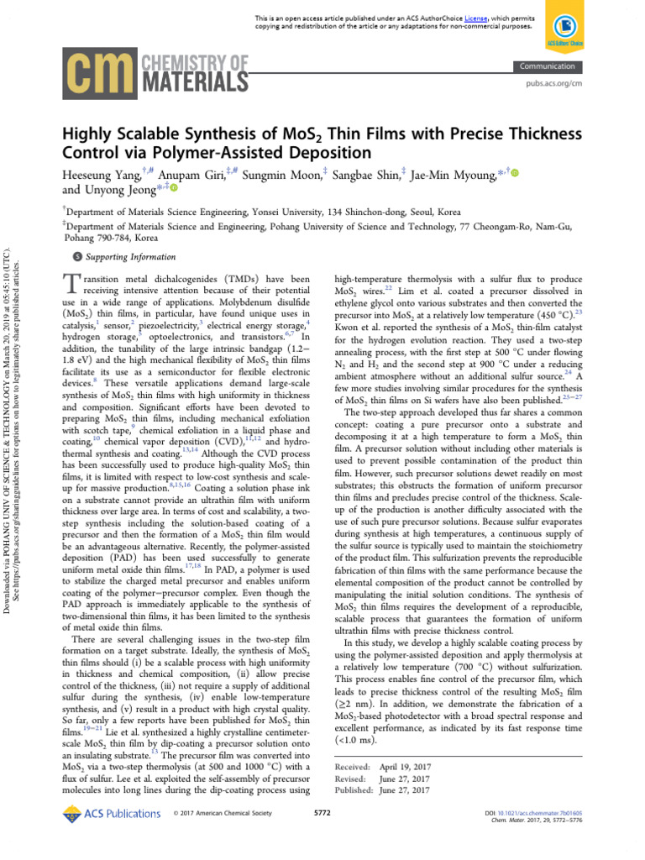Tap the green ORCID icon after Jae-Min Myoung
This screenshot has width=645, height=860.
(515, 173)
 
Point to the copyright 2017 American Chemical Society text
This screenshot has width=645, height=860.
(223, 837)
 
